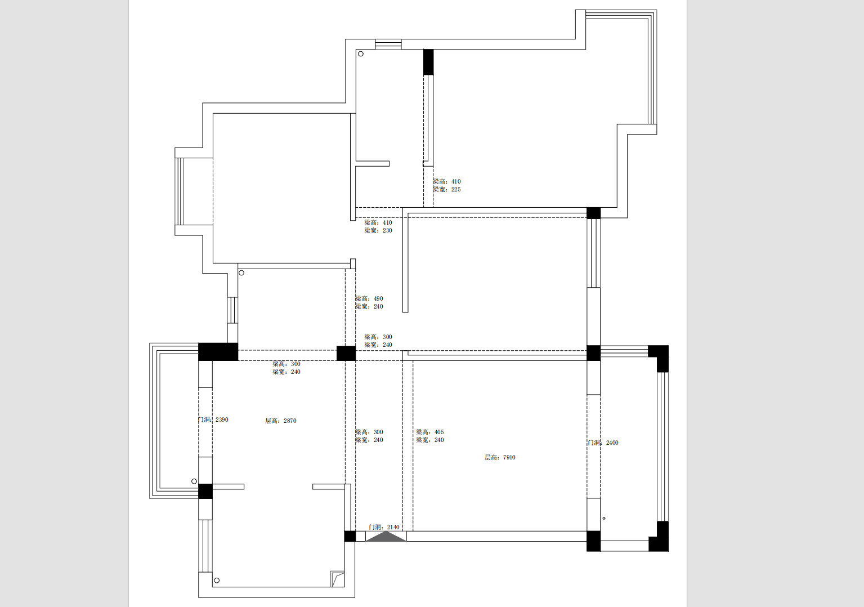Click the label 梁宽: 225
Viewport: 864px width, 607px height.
click(446, 190)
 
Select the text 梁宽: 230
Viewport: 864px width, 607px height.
click(378, 231)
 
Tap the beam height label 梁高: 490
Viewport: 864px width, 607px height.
click(369, 299)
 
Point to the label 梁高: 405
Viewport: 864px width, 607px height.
click(430, 432)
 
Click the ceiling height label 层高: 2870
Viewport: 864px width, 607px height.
click(280, 421)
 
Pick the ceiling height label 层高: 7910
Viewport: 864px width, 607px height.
click(500, 458)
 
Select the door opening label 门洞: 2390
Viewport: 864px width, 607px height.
click(213, 420)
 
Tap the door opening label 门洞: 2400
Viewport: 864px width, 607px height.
click(603, 443)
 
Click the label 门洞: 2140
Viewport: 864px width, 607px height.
click(384, 528)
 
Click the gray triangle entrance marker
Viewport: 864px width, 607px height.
click(386, 537)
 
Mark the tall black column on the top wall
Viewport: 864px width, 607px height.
click(428, 62)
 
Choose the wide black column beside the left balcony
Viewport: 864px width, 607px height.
click(218, 352)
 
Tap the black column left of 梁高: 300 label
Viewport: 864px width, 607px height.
click(346, 354)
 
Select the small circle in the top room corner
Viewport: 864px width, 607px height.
click(361, 54)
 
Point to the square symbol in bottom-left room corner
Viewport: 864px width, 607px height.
click(337, 579)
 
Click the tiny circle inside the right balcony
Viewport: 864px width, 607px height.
click(604, 519)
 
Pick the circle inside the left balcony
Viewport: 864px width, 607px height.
click(194, 481)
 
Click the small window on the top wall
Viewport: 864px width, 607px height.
click(388, 44)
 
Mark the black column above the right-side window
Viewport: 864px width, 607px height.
click(593, 213)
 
